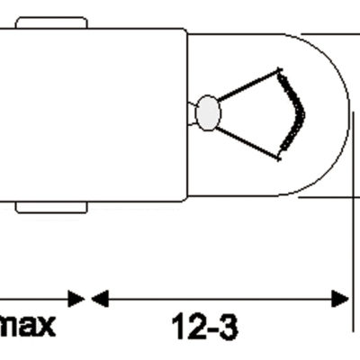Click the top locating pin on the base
point(51,22)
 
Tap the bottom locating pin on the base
point(51,207)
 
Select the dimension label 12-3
point(205,327)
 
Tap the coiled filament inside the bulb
point(293,112)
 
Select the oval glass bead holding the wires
point(208,112)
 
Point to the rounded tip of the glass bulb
point(346,114)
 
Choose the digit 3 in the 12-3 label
point(228,327)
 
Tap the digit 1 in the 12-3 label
point(178,327)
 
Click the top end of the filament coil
point(283,72)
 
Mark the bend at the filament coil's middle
point(302,112)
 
